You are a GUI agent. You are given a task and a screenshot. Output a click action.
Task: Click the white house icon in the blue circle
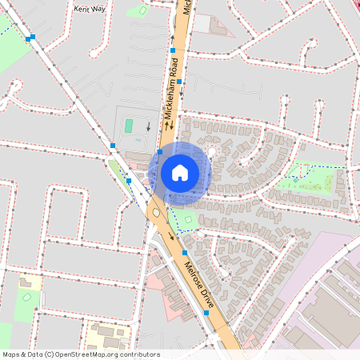[180, 172]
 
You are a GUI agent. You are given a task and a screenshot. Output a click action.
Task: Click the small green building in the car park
[128, 126]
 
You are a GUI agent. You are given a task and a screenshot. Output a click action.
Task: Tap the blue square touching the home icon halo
[160, 151]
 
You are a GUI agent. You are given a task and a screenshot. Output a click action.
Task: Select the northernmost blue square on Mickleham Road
[172, 50]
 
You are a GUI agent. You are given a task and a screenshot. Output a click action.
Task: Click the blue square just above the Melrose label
[184, 252]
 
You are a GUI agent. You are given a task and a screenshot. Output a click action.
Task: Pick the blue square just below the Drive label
[207, 313]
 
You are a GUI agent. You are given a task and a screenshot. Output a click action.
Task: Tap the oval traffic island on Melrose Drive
[154, 213]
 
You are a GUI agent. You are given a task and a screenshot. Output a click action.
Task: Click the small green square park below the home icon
[189, 218]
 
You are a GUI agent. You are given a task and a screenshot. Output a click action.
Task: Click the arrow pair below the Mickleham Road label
[167, 126]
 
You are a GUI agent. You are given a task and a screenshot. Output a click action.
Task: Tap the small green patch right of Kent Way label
[142, 12]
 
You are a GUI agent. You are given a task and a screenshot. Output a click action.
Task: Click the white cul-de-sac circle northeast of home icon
[212, 150]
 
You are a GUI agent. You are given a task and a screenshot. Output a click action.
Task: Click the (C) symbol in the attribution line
[50, 354]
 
